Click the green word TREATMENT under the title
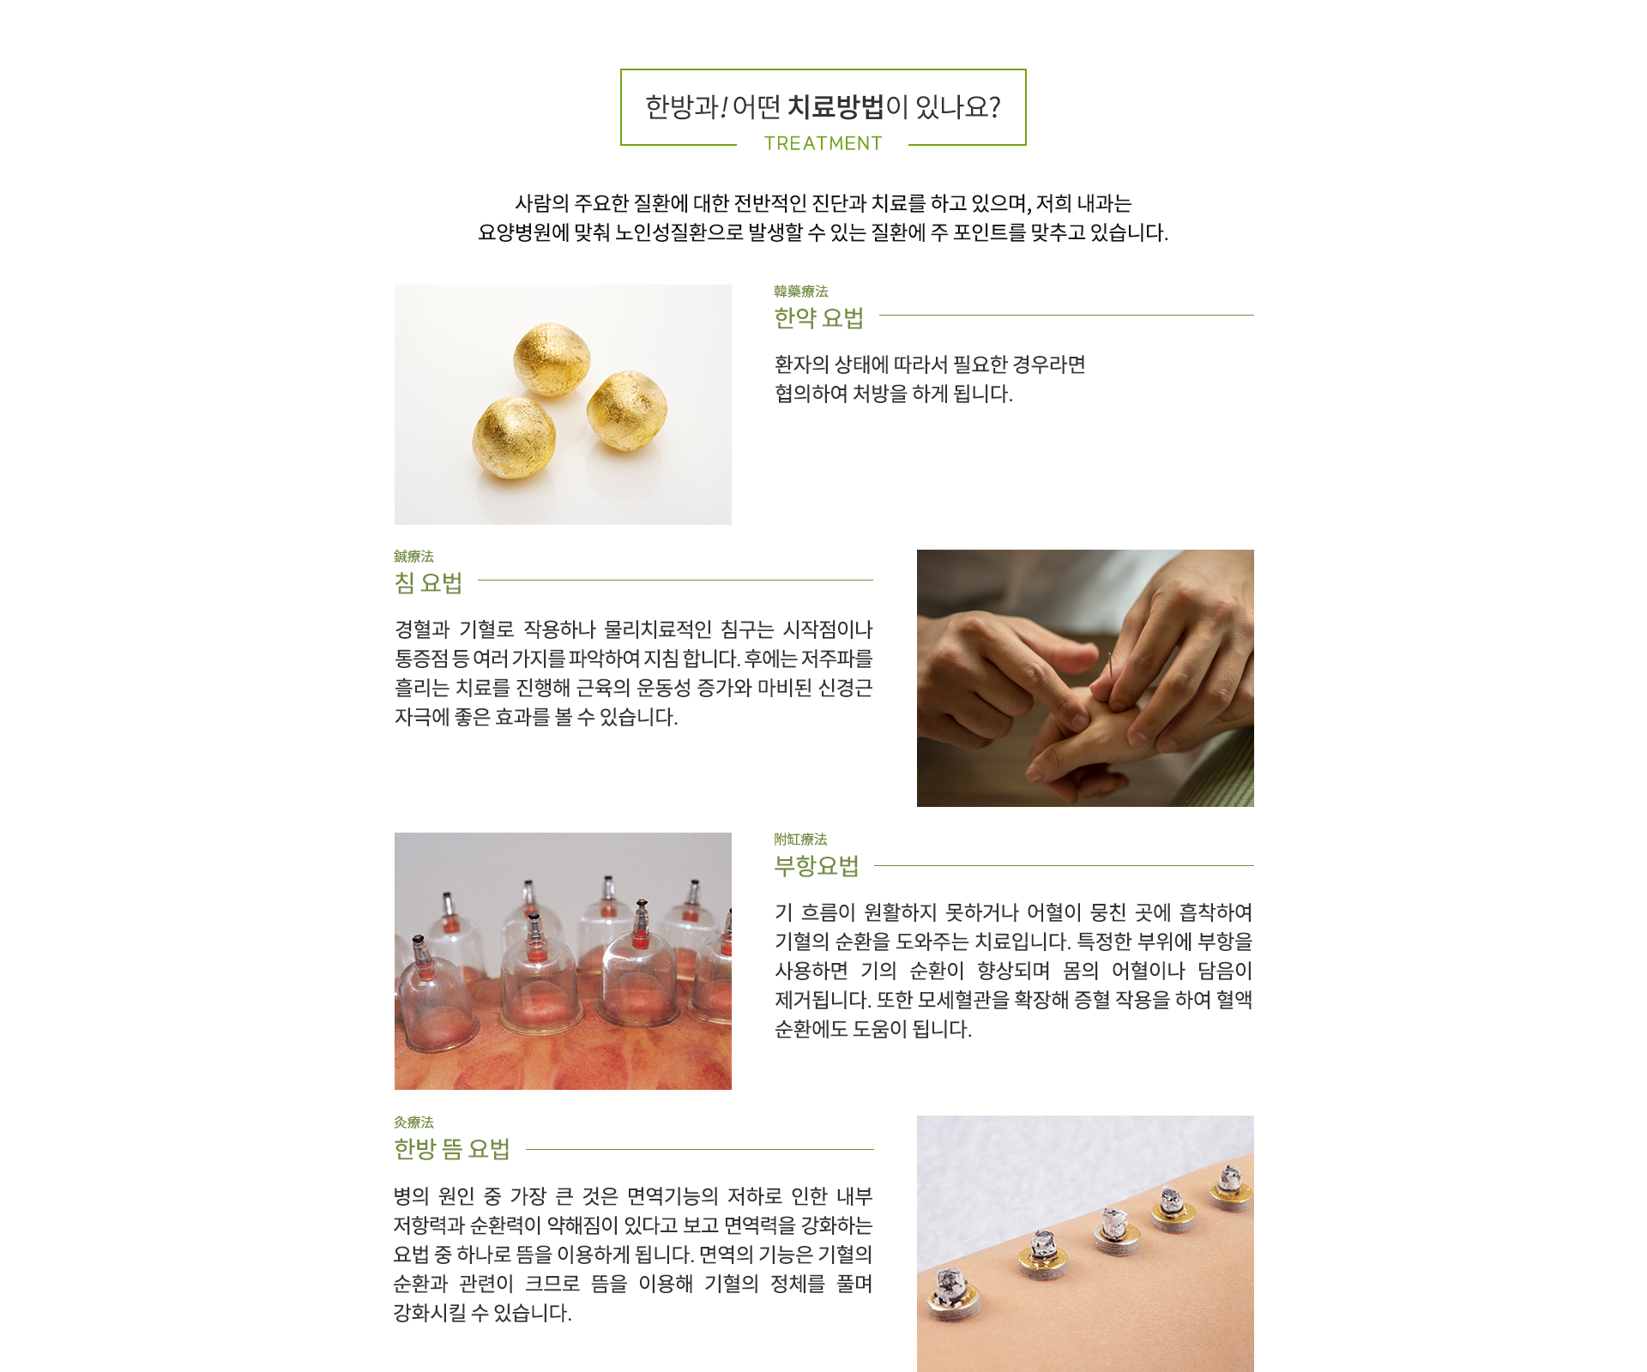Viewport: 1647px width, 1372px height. (823, 143)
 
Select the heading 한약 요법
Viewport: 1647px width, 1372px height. (818, 318)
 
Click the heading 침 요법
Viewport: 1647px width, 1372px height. (428, 583)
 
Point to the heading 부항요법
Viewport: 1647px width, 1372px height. (816, 866)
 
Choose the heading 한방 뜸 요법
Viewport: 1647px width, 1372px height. (451, 1149)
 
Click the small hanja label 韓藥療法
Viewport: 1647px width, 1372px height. (800, 292)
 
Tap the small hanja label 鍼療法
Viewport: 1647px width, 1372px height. (413, 557)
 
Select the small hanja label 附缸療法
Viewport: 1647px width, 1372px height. (800, 839)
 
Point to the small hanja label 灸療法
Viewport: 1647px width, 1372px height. (413, 1122)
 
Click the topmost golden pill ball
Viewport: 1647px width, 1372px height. (552, 359)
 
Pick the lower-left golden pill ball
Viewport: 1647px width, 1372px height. (514, 439)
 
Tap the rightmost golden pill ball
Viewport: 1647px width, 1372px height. (627, 411)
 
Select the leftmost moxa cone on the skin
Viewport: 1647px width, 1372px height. (951, 1293)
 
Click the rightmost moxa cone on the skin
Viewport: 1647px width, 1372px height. (1230, 1188)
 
